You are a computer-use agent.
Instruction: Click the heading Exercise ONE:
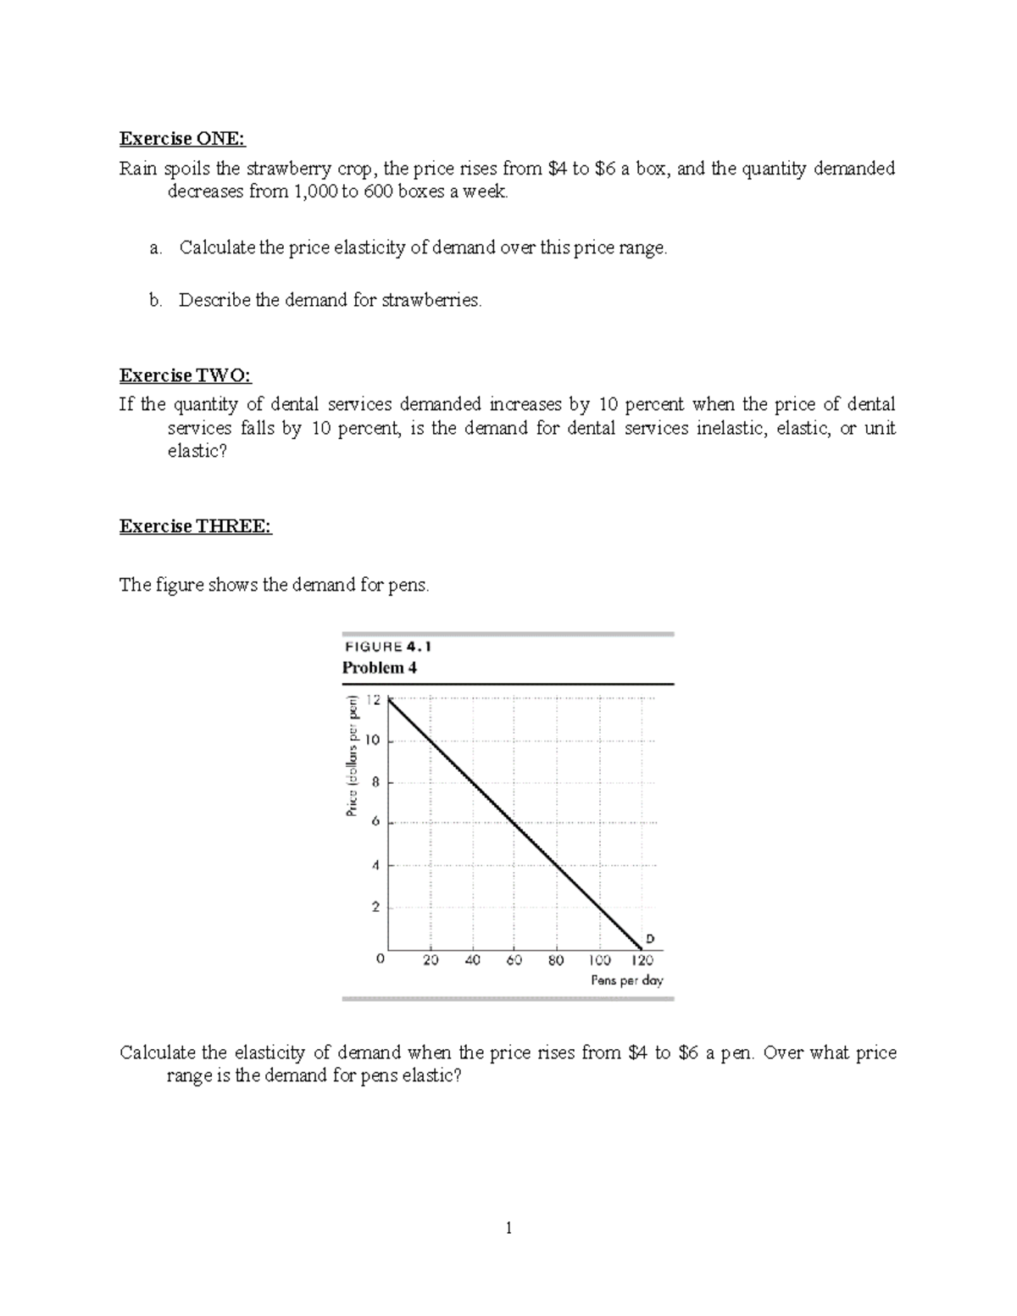182,139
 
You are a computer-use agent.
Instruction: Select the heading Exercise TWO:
186,375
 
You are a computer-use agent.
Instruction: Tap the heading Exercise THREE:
196,526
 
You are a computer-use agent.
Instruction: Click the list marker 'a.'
155,247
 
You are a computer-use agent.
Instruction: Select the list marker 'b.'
155,300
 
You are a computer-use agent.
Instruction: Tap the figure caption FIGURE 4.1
387,647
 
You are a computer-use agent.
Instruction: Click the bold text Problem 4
379,668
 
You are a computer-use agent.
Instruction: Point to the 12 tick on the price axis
374,700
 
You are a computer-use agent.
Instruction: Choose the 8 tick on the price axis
375,782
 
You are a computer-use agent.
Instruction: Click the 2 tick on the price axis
375,907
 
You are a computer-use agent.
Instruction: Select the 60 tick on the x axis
514,961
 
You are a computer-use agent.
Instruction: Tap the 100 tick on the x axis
599,961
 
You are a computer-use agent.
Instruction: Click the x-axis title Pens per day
626,980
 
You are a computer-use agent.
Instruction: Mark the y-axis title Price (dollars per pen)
350,756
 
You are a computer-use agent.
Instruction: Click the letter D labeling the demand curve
650,938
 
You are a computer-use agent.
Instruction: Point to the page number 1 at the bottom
508,1228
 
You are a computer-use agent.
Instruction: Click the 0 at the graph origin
380,959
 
